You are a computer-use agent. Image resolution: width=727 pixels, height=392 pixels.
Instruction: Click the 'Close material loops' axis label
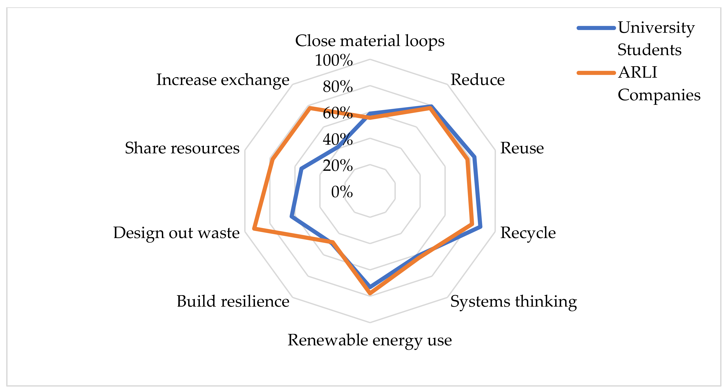pos(370,41)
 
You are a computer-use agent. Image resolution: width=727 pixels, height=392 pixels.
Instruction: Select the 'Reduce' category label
pos(478,80)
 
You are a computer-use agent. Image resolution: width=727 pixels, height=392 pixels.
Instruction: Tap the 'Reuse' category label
pos(522,148)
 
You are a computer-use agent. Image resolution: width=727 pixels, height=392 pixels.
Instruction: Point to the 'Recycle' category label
pos(528,233)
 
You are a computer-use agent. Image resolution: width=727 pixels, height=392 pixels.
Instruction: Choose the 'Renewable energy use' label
pos(370,340)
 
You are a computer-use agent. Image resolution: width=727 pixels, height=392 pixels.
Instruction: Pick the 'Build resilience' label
pos(233,301)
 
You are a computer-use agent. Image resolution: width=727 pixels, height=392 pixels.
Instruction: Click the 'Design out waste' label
pos(176,233)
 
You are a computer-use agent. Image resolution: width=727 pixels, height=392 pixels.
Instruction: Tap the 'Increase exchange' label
pos(223,80)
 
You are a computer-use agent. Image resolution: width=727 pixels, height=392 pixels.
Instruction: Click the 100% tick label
pos(334,60)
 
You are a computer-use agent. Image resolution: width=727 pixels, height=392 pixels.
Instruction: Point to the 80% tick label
pos(338,86)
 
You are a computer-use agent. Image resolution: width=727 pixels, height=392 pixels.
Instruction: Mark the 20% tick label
pos(338,165)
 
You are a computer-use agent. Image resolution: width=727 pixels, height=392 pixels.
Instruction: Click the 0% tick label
pos(342,192)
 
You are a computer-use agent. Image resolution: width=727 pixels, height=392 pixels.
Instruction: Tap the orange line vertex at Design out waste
pos(254,228)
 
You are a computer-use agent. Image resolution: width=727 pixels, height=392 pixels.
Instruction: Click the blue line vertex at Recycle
pos(481,227)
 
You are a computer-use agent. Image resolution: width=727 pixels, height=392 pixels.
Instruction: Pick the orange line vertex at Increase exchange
pos(310,108)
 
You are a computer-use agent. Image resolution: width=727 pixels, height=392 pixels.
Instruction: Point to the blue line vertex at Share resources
pos(301,169)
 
